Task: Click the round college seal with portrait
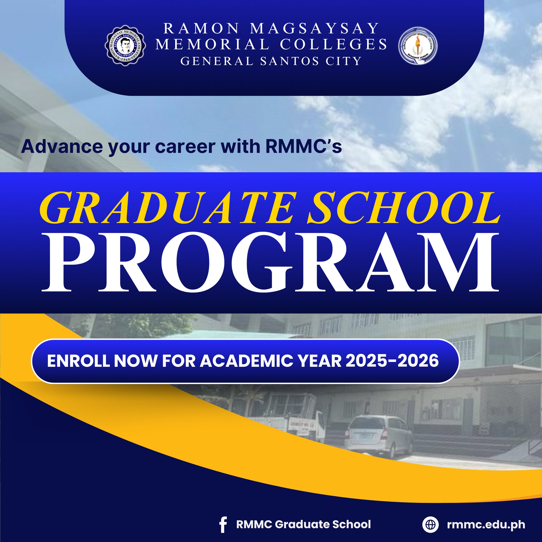coord(125,45)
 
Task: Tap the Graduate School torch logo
coord(418,46)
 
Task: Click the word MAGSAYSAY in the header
coord(314,28)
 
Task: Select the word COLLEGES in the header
coord(333,44)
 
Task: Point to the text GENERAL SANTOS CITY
coord(271,61)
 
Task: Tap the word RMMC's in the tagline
coord(304,146)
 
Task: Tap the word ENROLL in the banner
coord(78,361)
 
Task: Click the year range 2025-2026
coord(392,361)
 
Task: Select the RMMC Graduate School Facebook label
coord(304,524)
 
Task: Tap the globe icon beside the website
coord(430,524)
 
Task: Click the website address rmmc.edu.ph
coord(486,524)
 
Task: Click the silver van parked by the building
coord(378,436)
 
